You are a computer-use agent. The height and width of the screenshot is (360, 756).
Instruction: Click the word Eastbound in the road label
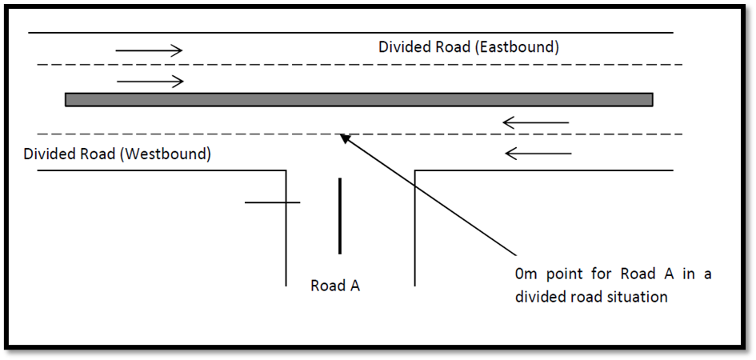(x=517, y=47)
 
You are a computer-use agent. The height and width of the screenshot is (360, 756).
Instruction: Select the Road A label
(x=334, y=286)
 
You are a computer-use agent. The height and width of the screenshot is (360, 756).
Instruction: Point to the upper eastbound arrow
(x=150, y=51)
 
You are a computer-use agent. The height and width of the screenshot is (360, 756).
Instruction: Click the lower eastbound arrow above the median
(x=150, y=82)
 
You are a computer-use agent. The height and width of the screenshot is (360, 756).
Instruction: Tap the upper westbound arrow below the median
(x=535, y=123)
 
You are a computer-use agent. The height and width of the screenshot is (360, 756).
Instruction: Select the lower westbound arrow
(x=538, y=152)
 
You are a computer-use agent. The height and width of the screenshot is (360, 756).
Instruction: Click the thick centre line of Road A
(x=339, y=216)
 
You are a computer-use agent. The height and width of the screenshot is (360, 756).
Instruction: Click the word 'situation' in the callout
(x=638, y=297)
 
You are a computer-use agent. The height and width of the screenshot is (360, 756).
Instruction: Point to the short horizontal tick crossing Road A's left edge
(x=272, y=202)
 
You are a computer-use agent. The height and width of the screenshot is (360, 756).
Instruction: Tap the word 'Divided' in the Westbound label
(x=50, y=154)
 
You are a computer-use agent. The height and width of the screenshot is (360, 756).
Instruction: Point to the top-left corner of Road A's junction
(x=286, y=170)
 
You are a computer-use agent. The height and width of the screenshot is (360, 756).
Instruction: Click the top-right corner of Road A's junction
(x=415, y=170)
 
